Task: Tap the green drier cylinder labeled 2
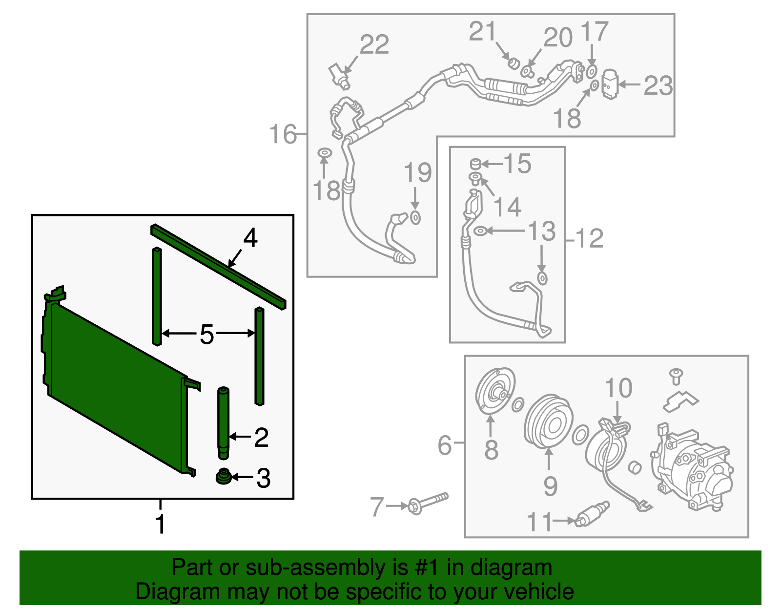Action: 223,422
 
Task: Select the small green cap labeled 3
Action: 224,477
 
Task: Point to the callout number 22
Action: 374,44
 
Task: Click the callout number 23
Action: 658,85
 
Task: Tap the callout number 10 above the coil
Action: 618,388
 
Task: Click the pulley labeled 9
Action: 549,423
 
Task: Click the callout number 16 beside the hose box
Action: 283,134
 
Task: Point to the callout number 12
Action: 590,239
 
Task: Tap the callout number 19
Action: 418,172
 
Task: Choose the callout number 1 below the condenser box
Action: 160,524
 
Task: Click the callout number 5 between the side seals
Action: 207,335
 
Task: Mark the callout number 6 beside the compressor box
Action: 445,445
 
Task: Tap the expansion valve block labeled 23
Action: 610,84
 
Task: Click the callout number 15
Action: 517,164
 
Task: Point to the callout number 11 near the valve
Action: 539,522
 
